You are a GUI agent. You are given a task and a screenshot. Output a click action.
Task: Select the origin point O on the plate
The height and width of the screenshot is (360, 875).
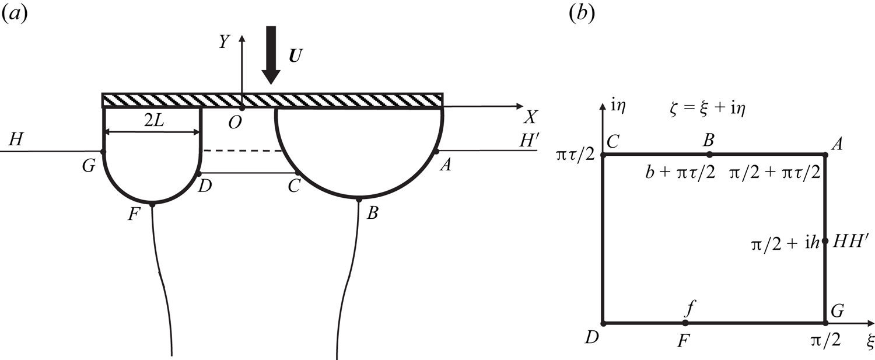tap(242, 108)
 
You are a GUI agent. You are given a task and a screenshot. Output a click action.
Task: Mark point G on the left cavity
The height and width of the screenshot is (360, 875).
tap(103, 152)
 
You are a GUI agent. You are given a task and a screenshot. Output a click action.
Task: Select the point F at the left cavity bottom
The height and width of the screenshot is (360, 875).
tap(152, 204)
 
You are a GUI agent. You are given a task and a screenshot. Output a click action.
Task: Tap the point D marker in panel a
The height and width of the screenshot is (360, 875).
tap(199, 173)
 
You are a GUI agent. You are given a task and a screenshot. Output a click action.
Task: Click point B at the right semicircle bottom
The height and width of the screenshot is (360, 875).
tap(358, 200)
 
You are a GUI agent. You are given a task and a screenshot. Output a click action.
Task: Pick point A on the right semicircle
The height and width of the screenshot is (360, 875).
tap(436, 152)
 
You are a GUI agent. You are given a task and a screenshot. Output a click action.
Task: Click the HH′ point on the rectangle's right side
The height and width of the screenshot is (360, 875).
tap(825, 240)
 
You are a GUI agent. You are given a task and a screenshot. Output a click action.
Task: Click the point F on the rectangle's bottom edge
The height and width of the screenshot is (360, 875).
tap(685, 323)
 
